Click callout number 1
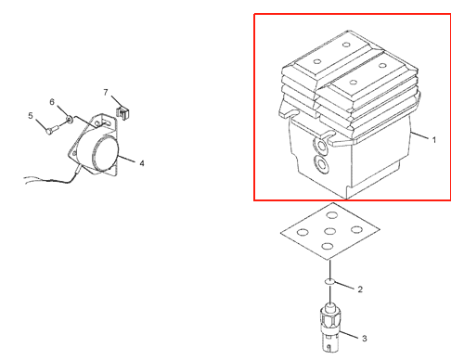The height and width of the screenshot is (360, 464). tap(434, 140)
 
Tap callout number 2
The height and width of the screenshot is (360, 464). tap(360, 289)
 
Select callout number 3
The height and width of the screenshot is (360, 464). tap(365, 339)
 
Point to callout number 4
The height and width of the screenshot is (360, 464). tap(142, 163)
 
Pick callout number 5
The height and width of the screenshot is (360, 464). tap(31, 116)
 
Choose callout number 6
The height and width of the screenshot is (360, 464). tap(52, 102)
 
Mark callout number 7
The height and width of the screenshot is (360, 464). tap(106, 92)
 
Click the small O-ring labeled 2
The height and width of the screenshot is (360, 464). tap(329, 281)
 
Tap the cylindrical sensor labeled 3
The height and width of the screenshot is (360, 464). tap(330, 328)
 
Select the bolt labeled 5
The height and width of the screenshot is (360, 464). tap(53, 129)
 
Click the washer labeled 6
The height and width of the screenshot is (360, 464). tap(70, 119)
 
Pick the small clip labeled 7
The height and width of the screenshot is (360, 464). tap(122, 112)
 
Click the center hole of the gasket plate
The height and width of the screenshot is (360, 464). tap(330, 231)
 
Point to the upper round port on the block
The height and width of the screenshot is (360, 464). tap(320, 146)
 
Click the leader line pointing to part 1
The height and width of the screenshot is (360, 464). tap(419, 135)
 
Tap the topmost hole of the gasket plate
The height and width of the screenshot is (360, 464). tap(332, 215)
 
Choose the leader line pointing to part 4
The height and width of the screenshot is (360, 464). tap(126, 159)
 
